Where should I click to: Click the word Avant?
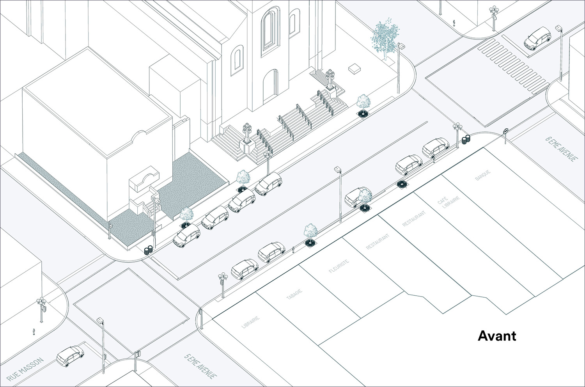point(497,336)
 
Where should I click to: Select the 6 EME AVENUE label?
point(561,149)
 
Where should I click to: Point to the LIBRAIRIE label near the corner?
point(251,322)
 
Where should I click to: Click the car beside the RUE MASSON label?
point(70,356)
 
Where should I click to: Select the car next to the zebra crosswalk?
point(537,38)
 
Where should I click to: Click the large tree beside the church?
point(385,38)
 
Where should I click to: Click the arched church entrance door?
point(271,86)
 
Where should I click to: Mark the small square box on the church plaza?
point(355,68)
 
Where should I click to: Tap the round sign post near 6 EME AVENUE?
point(506,135)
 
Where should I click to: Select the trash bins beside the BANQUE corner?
point(466,139)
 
